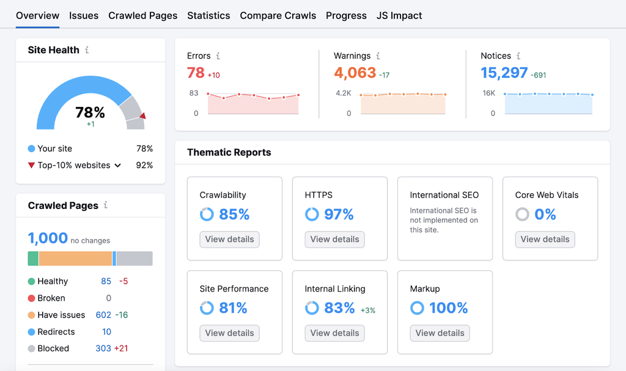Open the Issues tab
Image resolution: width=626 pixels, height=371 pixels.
83,15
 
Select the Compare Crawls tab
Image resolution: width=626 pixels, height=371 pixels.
278,15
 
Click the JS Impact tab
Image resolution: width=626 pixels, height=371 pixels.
399,15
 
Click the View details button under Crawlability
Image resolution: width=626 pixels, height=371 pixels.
230,239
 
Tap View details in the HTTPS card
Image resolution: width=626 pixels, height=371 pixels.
334,239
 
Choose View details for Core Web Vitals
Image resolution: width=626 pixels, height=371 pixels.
545,239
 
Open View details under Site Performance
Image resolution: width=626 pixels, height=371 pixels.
230,333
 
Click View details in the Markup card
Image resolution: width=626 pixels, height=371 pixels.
440,333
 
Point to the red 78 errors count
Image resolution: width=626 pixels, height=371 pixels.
196,73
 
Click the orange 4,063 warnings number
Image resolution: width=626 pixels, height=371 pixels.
355,73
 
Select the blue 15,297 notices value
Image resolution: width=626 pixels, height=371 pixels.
504,73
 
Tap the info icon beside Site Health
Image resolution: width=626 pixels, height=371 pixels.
87,50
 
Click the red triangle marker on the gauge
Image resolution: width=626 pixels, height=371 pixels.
142,116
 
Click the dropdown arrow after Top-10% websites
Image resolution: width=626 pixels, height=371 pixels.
118,166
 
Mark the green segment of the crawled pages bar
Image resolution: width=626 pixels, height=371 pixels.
33,259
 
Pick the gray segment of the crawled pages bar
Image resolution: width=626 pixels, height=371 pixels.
134,259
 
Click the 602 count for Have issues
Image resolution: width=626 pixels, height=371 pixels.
103,315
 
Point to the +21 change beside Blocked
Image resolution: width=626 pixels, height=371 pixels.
122,348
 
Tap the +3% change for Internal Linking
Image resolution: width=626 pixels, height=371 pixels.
368,310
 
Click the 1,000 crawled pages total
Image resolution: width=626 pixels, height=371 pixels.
48,238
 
